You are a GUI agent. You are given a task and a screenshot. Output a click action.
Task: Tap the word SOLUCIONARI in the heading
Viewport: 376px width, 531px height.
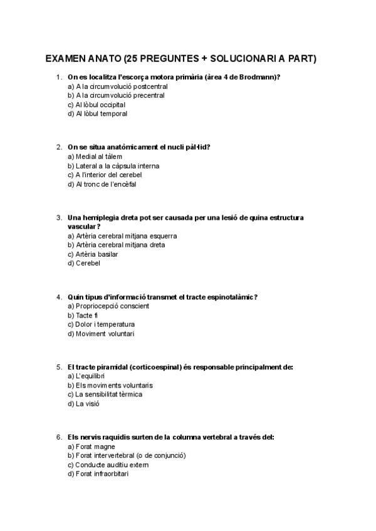241,59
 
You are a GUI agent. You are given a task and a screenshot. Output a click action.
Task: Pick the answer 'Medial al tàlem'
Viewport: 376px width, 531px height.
95,157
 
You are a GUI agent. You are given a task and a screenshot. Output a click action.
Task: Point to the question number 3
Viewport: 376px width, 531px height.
58,218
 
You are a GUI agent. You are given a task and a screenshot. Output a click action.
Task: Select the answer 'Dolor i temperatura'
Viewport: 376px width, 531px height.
101,324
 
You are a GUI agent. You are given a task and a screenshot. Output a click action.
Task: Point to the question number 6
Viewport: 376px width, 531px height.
58,437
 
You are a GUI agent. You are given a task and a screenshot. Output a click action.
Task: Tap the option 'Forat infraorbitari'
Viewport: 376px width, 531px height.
101,474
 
